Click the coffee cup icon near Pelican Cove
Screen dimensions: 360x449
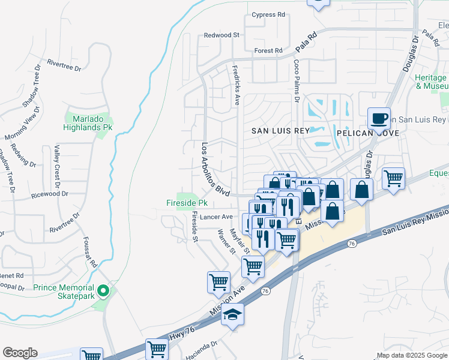pyautogui.click(x=379, y=118)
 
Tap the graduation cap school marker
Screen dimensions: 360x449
pyautogui.click(x=232, y=314)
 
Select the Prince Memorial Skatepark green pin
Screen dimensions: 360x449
pyautogui.click(x=103, y=292)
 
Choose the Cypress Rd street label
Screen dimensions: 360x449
pyautogui.click(x=268, y=15)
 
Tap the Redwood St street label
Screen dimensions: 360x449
pyautogui.click(x=221, y=35)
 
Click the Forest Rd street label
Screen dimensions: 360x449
pyautogui.click(x=268, y=51)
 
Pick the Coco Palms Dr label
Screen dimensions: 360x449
pyautogui.click(x=296, y=78)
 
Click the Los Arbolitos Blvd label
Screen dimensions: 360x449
pyautogui.click(x=215, y=170)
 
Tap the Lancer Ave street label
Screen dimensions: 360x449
pyautogui.click(x=218, y=217)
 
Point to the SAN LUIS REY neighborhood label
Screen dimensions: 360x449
pyautogui.click(x=280, y=131)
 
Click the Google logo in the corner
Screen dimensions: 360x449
pyautogui.click(x=20, y=353)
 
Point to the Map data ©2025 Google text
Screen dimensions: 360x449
pyautogui.click(x=411, y=355)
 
